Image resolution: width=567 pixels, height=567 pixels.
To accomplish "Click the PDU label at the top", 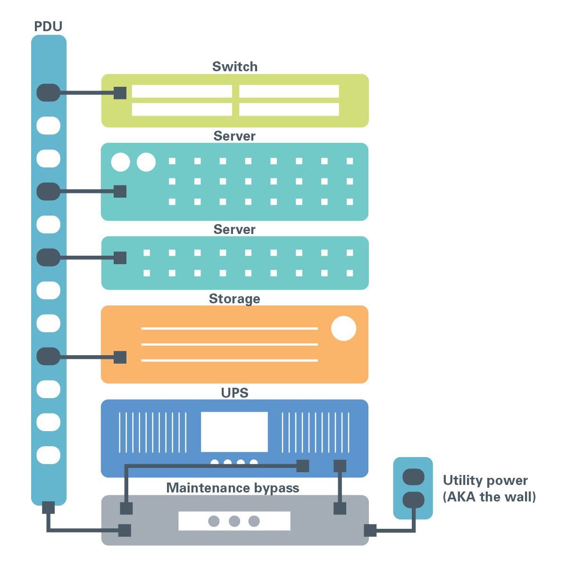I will point(48,26).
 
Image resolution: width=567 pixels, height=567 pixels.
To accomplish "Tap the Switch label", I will point(234,67).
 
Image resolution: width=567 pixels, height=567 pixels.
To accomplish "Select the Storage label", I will point(234,299).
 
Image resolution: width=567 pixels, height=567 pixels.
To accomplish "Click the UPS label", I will point(234,392).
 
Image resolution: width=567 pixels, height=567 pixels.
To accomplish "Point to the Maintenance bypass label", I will point(233,488).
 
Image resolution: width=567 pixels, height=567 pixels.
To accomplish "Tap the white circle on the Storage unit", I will point(343,328).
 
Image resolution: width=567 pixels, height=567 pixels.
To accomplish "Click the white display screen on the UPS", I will point(234,432).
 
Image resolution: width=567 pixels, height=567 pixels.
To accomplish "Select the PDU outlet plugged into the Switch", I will point(48,92).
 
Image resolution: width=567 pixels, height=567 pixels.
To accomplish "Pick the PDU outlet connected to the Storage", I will point(48,356).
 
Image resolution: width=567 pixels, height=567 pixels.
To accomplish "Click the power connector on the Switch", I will point(120,93).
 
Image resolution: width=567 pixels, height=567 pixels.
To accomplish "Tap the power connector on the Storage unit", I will point(120,357).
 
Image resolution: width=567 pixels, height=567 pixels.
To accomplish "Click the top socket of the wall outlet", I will point(413,477).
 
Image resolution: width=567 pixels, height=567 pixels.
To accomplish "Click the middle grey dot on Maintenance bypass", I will point(234,521).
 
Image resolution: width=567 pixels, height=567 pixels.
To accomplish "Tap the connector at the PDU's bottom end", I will point(48,508).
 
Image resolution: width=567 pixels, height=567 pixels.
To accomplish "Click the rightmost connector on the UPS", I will point(340,466).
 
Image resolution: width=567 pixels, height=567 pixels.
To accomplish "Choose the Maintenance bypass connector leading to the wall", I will point(370,530).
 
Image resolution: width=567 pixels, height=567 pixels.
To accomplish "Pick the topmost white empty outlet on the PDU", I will point(48,125).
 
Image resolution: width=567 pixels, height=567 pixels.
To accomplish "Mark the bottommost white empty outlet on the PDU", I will point(48,455).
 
